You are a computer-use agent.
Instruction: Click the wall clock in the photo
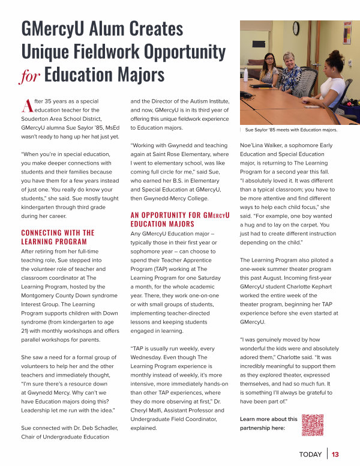[296, 29]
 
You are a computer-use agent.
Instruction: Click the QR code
[312, 425]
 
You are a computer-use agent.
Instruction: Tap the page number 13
[335, 455]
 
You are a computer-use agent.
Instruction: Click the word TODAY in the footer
[310, 455]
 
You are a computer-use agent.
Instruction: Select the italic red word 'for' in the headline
[31, 76]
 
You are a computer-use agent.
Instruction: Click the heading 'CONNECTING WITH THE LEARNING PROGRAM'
[58, 237]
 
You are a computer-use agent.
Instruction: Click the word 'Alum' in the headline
[114, 28]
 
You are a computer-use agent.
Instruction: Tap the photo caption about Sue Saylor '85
[291, 129]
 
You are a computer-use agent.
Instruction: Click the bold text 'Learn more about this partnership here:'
[268, 423]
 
